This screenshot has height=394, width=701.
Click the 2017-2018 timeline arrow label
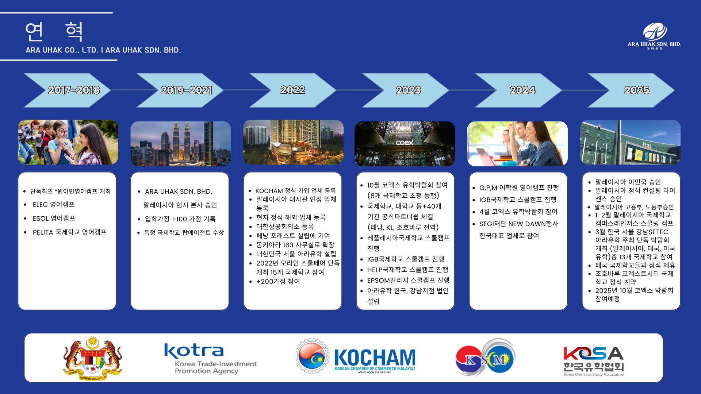pos(74,90)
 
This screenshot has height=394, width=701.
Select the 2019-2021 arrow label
pos(186,90)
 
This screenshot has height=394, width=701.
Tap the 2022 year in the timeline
pos(292,90)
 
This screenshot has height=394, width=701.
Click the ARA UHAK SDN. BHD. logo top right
pos(654,36)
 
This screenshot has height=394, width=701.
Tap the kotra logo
pos(210,359)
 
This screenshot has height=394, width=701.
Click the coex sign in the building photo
pos(405,142)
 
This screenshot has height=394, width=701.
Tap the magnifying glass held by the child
pos(61,133)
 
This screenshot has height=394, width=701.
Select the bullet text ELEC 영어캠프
pos(54,205)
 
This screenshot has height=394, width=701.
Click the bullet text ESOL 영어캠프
pos(54,219)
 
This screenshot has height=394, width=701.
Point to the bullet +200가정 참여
pos(278,282)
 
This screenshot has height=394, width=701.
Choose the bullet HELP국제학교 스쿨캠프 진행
pos(408,270)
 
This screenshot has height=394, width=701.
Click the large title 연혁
pos(54,31)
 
